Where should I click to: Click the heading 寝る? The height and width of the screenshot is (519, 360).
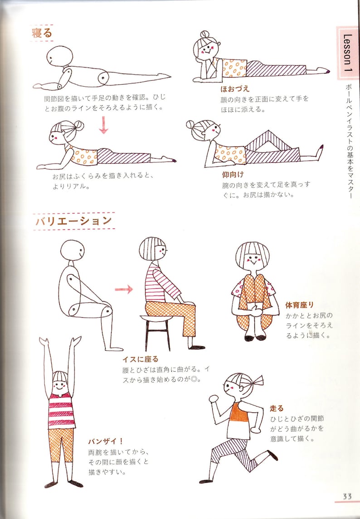point(42,33)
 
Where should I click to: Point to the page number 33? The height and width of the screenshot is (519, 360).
point(347,495)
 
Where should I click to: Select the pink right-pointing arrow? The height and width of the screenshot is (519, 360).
point(123,289)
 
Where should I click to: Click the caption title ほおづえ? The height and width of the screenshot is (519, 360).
point(235,89)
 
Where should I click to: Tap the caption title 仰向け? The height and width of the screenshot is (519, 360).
point(233,175)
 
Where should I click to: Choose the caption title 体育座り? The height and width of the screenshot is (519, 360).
point(300,305)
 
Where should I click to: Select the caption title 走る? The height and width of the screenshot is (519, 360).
point(276,408)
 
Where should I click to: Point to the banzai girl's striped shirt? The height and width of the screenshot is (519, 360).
point(62,411)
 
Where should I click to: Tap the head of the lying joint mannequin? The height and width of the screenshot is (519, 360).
point(59,58)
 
